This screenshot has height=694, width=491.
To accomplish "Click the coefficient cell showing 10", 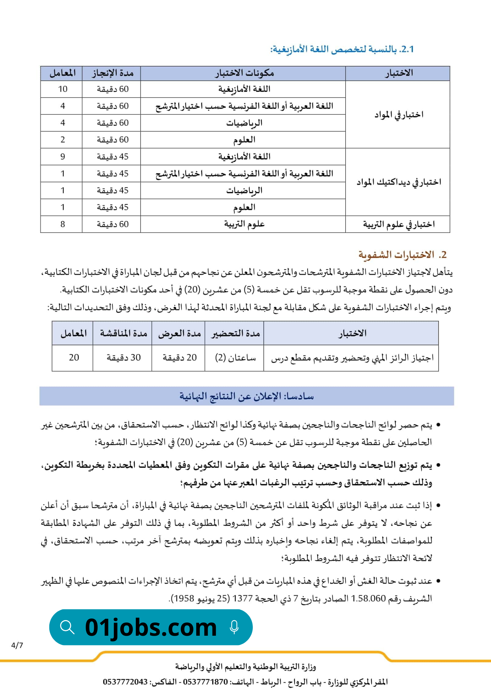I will tap(63, 89).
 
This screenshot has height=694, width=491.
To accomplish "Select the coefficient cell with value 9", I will tap(63, 157).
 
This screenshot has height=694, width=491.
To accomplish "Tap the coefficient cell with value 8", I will tap(63, 225).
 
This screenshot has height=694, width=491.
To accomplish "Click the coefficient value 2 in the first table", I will tap(63, 140).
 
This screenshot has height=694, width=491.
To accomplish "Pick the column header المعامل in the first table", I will tap(63, 73).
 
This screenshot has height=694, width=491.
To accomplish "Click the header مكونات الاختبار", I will tap(244, 73).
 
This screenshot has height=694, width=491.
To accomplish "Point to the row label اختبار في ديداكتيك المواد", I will tap(399, 182).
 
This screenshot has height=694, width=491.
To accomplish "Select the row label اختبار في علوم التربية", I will tap(399, 225).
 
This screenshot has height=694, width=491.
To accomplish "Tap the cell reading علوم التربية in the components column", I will tap(244, 225).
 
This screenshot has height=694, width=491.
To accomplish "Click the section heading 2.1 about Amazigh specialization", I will tap(342, 49).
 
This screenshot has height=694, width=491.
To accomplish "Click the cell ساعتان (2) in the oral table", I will tap(235, 358).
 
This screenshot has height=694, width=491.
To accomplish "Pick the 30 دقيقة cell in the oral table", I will tap(123, 358).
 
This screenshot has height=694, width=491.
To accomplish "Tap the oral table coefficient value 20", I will tap(74, 358).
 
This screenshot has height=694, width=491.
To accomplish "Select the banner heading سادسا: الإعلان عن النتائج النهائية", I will tap(247, 396).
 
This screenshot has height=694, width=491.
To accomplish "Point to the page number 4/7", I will tap(17, 645).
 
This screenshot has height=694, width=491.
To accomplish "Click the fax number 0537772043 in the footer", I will tap(125, 682).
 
